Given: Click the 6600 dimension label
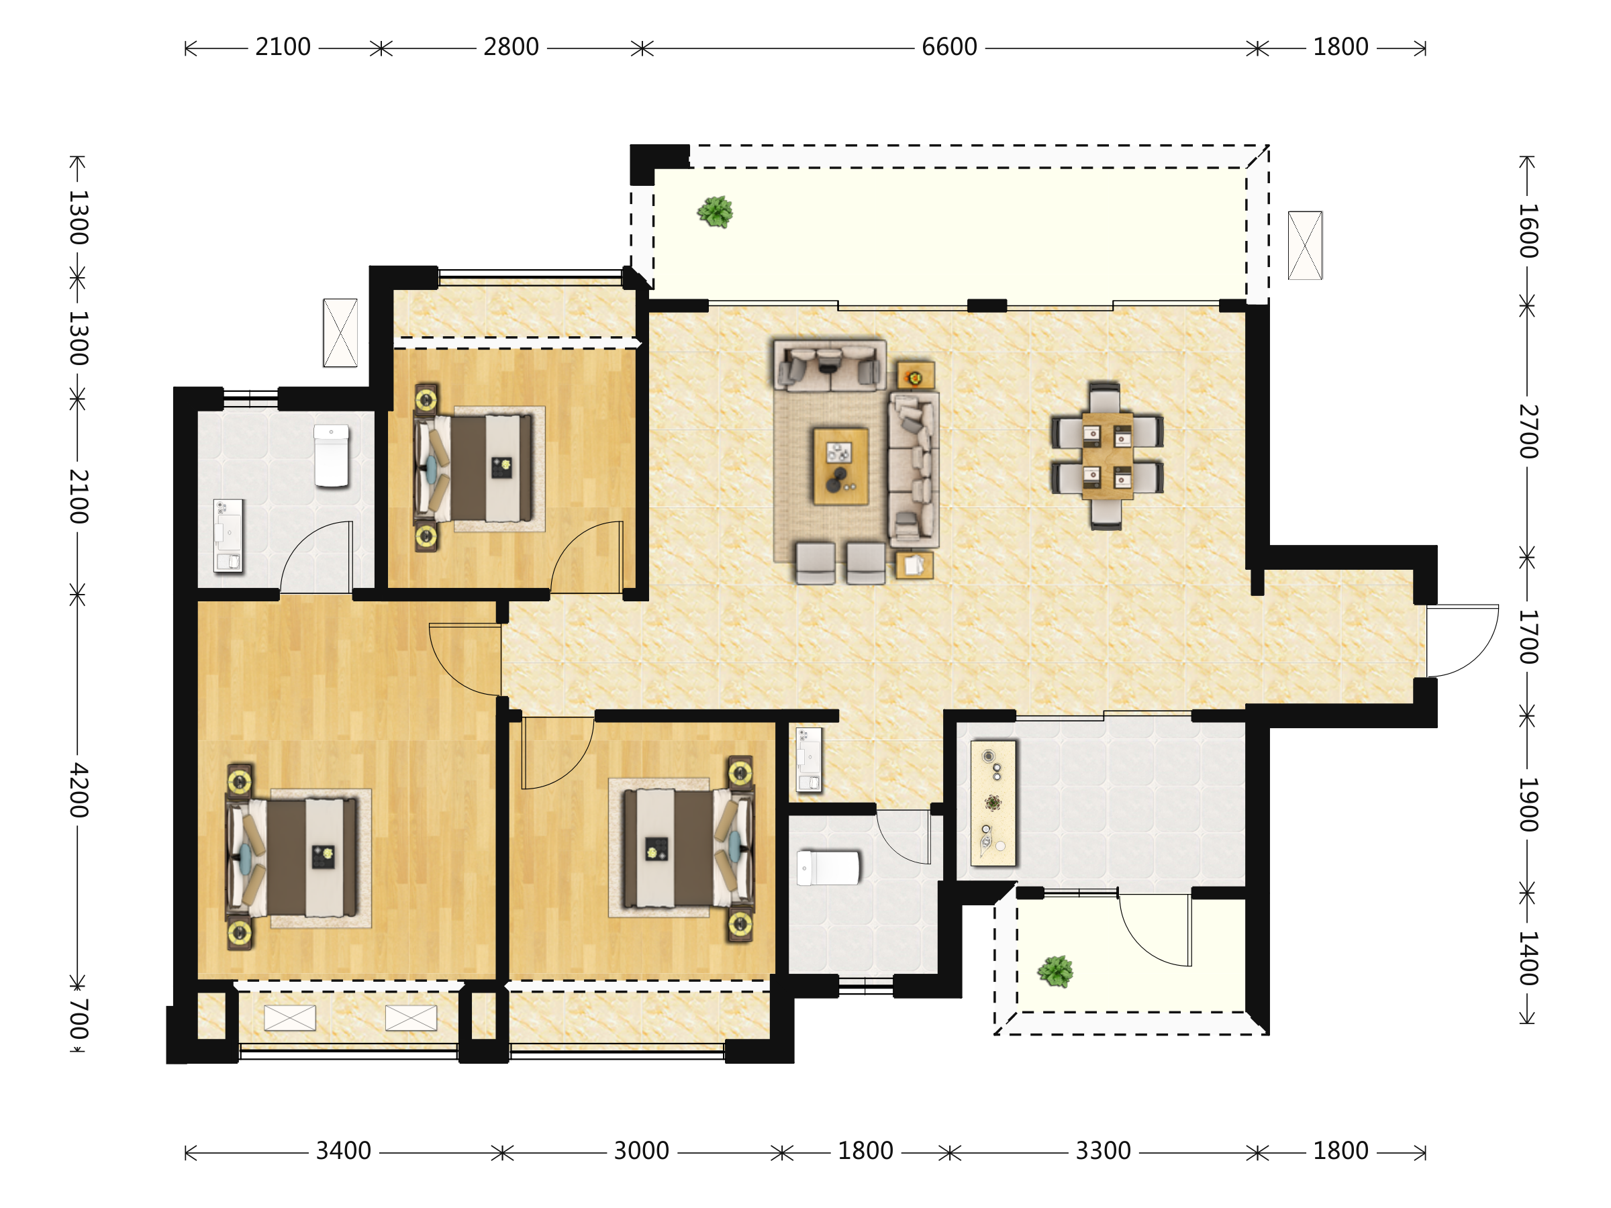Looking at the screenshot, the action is tap(949, 48).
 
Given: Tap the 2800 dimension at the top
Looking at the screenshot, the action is tap(511, 48).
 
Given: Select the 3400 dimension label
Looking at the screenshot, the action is tap(343, 1151).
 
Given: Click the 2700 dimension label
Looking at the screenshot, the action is tap(1528, 431).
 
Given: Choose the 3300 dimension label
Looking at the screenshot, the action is tap(1104, 1151).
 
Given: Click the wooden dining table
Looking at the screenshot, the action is tap(1107, 455).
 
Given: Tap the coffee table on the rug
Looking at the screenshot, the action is tap(840, 466).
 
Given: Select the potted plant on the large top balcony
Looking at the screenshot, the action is tap(715, 212).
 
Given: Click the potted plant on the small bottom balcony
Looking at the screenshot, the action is tap(1055, 972).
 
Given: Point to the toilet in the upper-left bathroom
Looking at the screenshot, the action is tap(332, 456).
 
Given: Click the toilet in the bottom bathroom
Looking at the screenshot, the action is tap(828, 868).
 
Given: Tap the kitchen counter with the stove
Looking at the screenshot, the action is tap(993, 803).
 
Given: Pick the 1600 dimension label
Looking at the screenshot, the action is tap(1528, 231).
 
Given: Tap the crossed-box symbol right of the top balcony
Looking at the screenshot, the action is tap(1305, 246).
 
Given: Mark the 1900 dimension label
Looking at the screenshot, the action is tap(1528, 805).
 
